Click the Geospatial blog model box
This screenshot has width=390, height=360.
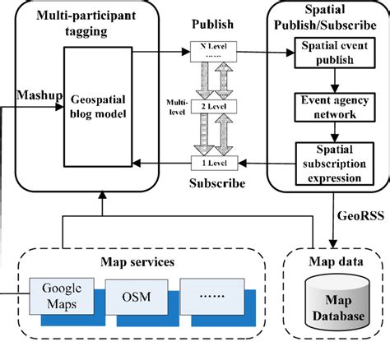pos(98,107)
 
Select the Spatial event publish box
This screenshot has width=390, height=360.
pos(335,53)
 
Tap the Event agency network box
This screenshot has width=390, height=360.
pos(335,107)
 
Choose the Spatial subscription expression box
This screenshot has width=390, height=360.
pos(335,164)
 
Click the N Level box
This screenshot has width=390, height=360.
pos(213,51)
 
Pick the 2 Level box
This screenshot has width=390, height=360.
pos(214,106)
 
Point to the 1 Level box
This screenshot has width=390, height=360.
pos(214,163)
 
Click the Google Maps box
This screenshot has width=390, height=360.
pos(62,296)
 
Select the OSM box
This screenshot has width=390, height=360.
pos(137,297)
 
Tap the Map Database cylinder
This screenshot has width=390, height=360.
pos(337,302)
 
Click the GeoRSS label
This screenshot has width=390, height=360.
pos(360,215)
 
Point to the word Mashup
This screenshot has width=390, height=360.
pos(39,95)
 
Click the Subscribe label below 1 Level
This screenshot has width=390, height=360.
pos(217,183)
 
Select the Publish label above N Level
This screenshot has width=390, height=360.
pos(212,24)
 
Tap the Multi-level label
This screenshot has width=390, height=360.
pos(177,107)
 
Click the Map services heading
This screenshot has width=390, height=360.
pos(137,262)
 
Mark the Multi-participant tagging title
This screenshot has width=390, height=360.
pos(86,23)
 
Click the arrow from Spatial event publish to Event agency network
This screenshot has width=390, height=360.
pos(335,81)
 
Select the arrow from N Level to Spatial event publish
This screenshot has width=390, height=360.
pos(266,52)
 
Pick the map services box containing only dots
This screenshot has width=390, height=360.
pos(212,297)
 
